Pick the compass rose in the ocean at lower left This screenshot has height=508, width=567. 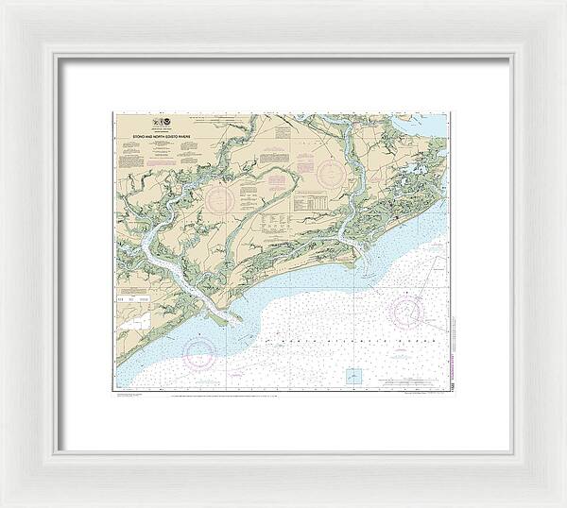[x=199, y=352]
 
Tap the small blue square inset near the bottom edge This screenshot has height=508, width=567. [x=353, y=375]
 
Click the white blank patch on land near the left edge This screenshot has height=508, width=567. [x=133, y=322]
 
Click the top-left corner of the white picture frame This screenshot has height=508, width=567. [x=4, y=4]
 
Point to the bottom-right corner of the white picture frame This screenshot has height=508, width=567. [x=563, y=504]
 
